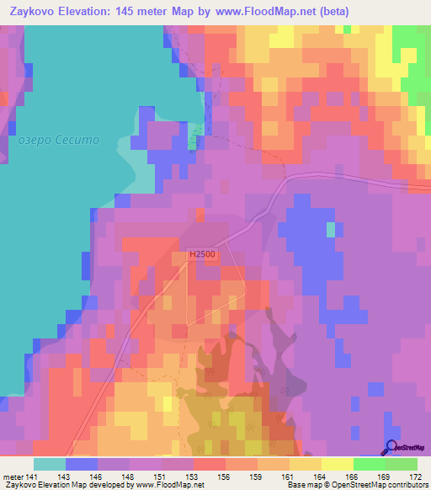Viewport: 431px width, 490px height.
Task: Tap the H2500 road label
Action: (x=202, y=253)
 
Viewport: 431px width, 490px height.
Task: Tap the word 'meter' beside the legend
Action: (x=13, y=478)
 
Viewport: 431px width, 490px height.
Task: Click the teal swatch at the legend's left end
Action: (x=50, y=464)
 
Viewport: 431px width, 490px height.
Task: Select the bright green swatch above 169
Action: (x=369, y=464)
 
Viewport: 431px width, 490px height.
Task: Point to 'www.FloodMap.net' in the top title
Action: (x=258, y=12)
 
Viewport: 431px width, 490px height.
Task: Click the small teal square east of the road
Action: (x=331, y=229)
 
